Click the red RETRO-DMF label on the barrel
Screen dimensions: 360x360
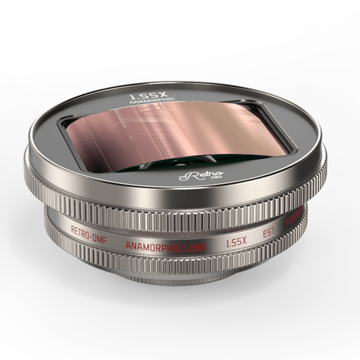(90, 230)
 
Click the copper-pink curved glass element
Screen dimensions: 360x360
(180, 130)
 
